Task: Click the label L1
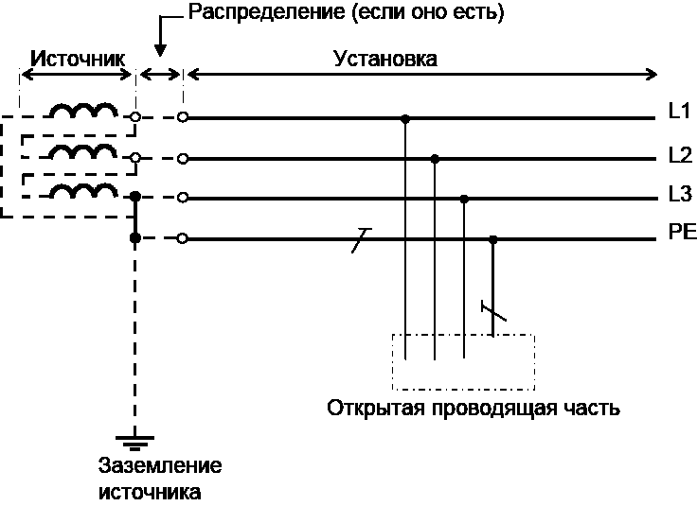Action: pos(679,111)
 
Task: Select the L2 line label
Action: pos(681,155)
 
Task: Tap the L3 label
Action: pos(681,194)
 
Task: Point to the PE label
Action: pos(683,233)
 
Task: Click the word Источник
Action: pos(78,59)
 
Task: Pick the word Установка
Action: pos(385,59)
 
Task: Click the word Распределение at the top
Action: pos(267,12)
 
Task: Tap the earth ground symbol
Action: pos(135,443)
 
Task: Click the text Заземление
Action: pos(160,465)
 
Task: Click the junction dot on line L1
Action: pos(405,119)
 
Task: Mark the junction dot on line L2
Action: pos(435,159)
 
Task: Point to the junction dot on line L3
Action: pos(464,199)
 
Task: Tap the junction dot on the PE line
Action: pos(493,239)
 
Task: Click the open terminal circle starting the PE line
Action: pos(182,238)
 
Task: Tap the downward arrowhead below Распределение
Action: pos(160,50)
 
